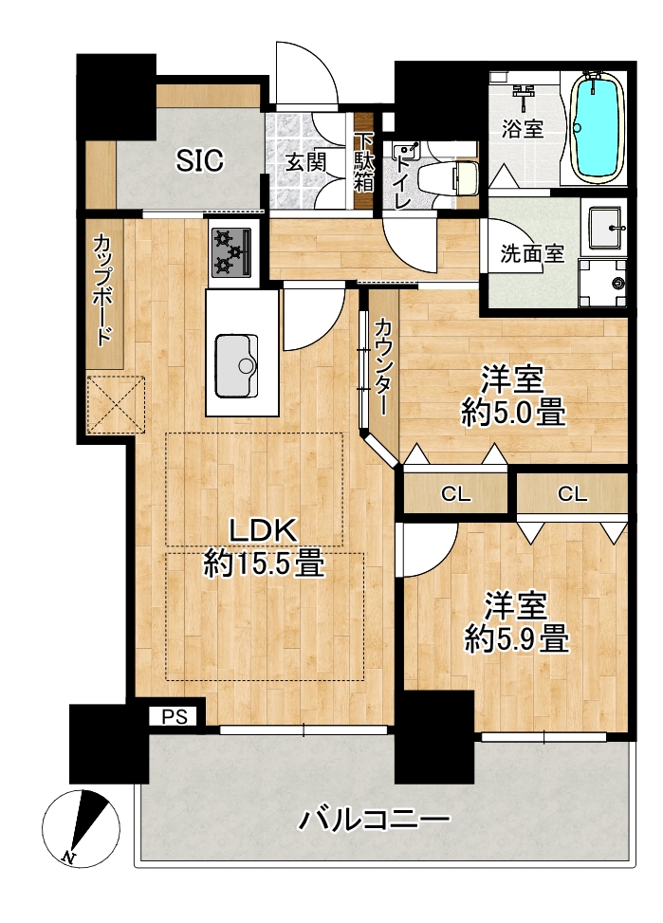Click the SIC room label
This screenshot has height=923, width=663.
tap(200, 160)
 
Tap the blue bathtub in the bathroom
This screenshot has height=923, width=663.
tap(598, 126)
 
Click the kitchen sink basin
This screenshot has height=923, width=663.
tap(237, 365)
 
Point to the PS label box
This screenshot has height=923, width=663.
tap(175, 716)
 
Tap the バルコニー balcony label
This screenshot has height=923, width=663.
tap(374, 820)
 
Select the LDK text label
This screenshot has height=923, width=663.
tap(263, 532)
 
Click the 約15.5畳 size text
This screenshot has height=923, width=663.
tap(264, 563)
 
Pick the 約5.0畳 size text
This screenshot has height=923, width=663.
tap(513, 412)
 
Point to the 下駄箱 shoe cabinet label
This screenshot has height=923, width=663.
tap(363, 161)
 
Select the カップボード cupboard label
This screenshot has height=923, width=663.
tap(104, 289)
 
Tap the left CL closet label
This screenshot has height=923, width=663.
tap(456, 494)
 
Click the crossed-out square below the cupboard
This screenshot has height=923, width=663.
tap(116, 405)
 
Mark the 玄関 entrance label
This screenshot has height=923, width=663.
tap(306, 161)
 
